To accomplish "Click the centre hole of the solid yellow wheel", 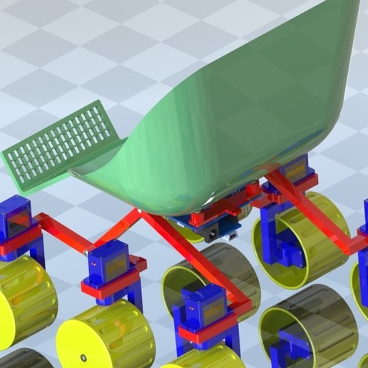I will click(83, 357).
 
